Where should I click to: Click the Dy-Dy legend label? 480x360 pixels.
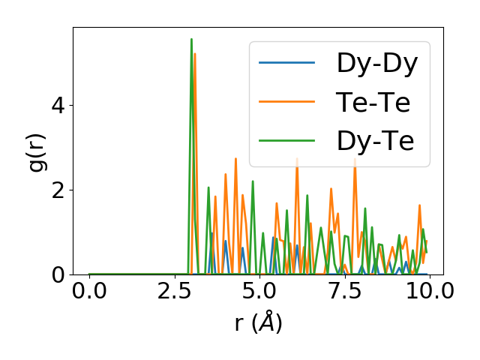377,62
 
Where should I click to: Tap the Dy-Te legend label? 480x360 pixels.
376,141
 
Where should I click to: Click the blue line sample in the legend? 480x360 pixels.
287,62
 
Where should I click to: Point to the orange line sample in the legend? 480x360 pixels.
287,102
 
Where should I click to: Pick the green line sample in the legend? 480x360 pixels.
287,141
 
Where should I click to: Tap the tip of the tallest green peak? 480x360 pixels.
191,39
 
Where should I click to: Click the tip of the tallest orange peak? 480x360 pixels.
195,53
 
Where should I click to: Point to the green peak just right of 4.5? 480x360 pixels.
253,181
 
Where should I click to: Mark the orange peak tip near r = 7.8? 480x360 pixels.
355,159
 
